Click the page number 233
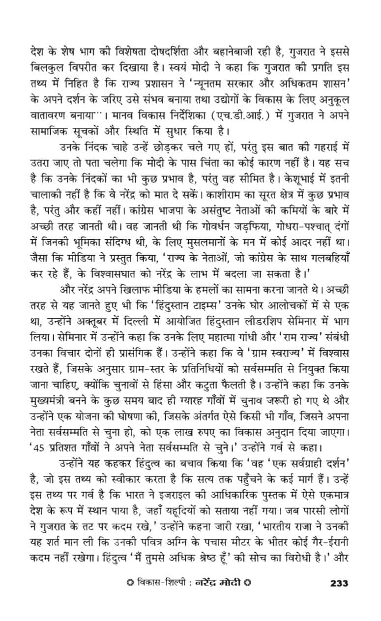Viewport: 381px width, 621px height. [339, 584]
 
